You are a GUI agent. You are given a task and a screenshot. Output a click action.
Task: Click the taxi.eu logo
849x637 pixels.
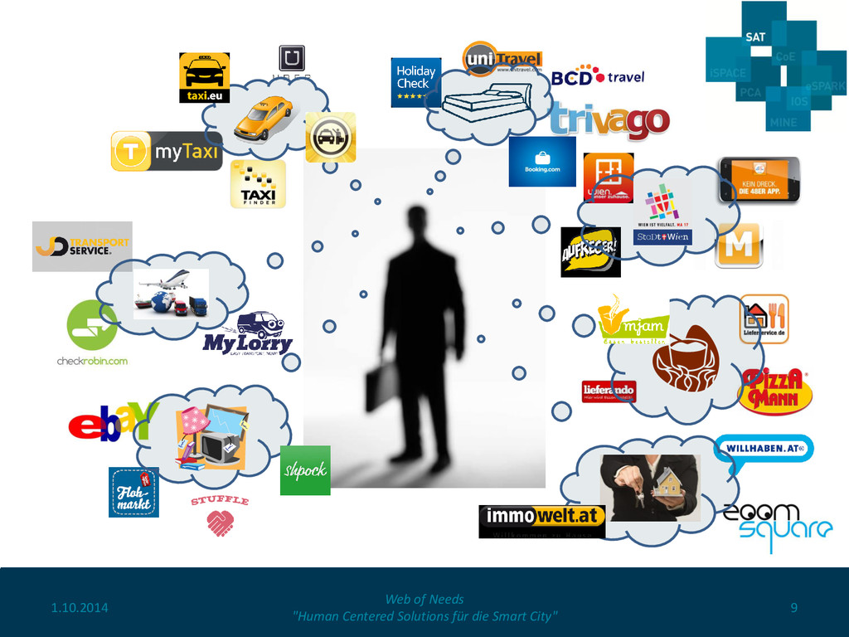(x=204, y=78)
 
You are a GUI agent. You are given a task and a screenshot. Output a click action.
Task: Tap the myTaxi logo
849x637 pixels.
(x=167, y=151)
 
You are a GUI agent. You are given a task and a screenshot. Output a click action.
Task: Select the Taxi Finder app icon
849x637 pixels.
(x=258, y=184)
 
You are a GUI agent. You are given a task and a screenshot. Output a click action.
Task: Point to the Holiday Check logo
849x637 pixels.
(x=415, y=82)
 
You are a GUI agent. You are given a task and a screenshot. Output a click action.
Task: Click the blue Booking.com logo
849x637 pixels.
(x=542, y=162)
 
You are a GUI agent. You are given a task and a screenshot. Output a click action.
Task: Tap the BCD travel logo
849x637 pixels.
(x=598, y=77)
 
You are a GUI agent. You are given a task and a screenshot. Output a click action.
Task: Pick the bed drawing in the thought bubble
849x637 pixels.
(x=486, y=103)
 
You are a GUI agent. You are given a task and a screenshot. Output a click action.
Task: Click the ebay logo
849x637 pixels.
(x=112, y=422)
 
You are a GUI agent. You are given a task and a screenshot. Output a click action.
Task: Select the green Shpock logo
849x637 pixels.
(x=305, y=470)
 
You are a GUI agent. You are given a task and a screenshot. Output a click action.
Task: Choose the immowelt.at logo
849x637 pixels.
(x=541, y=517)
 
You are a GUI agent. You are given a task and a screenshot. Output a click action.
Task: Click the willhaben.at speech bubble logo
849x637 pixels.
(x=763, y=449)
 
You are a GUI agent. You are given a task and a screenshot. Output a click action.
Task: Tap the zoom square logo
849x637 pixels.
(x=777, y=522)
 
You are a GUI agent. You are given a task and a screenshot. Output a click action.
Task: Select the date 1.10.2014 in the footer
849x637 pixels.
(x=80, y=608)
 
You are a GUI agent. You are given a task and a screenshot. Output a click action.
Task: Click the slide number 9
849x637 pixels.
(x=793, y=608)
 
